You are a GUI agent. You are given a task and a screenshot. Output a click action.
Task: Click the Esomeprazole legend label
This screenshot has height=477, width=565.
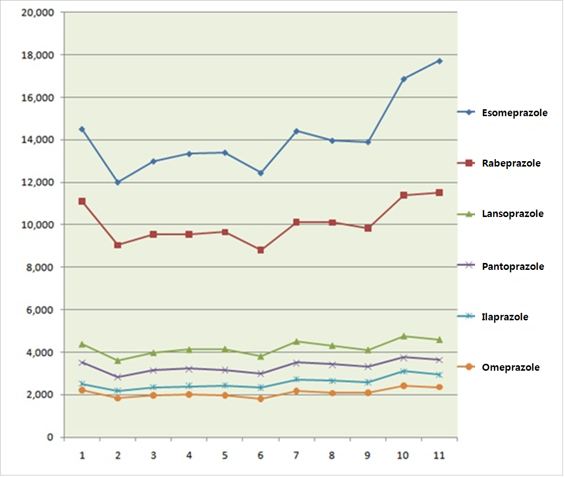coord(515,113)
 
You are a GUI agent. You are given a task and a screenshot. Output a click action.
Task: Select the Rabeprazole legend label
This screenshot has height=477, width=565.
coord(511,163)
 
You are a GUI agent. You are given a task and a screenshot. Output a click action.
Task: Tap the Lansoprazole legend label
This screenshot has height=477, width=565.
coord(513,214)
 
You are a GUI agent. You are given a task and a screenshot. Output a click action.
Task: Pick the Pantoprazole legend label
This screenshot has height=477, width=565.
coord(513,266)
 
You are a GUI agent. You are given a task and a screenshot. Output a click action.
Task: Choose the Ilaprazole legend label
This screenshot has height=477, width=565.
coord(505,317)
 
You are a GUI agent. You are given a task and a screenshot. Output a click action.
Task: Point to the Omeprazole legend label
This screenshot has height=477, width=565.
coord(511,367)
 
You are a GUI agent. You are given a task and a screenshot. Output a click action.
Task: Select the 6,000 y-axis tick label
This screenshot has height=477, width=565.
coord(41,310)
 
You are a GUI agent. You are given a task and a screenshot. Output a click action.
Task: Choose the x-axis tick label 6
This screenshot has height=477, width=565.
coord(261,455)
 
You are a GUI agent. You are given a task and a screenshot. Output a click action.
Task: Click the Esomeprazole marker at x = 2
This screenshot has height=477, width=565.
coord(118,182)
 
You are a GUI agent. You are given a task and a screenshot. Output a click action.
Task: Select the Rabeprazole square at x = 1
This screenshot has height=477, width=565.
coord(82,201)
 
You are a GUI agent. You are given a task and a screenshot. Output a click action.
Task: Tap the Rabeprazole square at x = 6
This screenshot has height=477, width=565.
coord(261,250)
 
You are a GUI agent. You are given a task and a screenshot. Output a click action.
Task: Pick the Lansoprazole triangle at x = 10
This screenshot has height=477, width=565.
coord(404,336)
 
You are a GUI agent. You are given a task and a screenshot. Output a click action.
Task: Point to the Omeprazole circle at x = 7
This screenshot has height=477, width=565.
coord(296,391)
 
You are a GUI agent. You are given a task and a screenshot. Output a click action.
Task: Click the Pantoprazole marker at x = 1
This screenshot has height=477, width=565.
coord(82,362)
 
